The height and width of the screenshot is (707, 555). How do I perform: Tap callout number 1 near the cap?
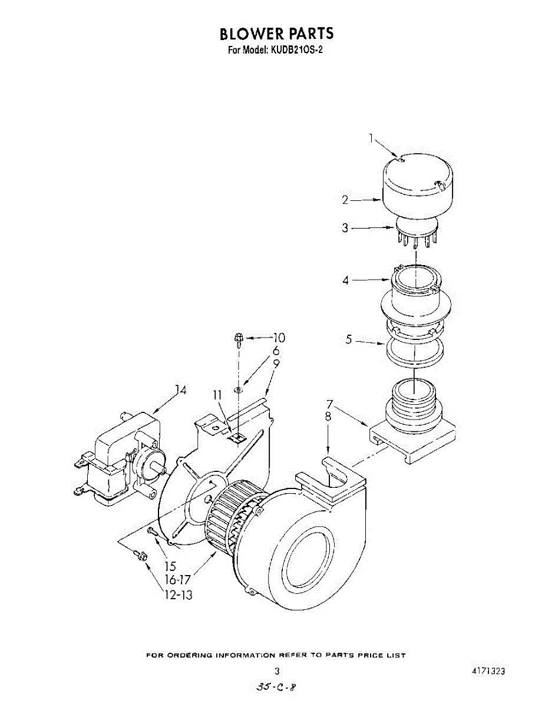coord(372,138)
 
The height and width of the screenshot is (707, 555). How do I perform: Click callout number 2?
coord(345,200)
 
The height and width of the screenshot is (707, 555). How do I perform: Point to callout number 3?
coord(345,228)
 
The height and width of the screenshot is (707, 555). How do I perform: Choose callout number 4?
coord(346,280)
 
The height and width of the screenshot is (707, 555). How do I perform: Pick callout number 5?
coord(349,340)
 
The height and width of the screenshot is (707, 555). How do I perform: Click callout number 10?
coord(278,338)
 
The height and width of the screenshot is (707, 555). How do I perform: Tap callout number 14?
coord(180,390)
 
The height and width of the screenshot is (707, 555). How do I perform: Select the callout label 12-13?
coord(178,595)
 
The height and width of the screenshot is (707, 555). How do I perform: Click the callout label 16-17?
coord(178,580)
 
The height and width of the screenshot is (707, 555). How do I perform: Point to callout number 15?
coord(170,566)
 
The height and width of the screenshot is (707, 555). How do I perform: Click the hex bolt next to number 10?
coord(239,338)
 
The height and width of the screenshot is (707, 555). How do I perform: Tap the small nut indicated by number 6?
coord(238,389)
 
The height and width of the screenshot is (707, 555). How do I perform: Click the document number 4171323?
coord(488,671)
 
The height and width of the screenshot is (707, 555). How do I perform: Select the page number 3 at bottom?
coord(277,670)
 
